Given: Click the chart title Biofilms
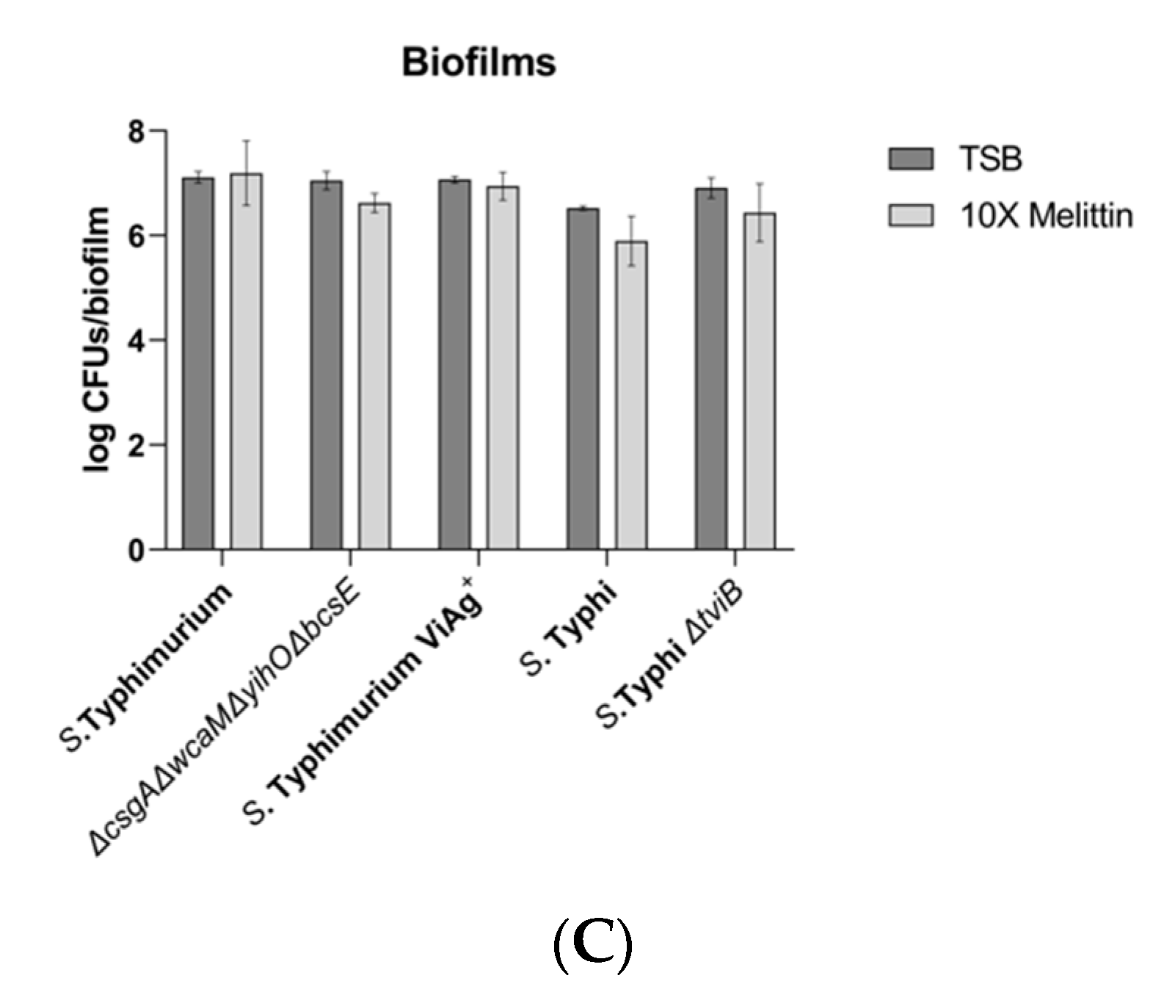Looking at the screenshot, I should pyautogui.click(x=479, y=62).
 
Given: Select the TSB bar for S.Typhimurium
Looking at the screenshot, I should pyautogui.click(x=198, y=363).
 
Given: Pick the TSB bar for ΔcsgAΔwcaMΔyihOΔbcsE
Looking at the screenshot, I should pyautogui.click(x=326, y=365).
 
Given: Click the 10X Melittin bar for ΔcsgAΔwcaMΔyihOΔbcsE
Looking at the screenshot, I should pyautogui.click(x=374, y=376).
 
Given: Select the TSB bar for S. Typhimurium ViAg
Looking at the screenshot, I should pyautogui.click(x=455, y=364).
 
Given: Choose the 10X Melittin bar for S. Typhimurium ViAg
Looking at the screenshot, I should pyautogui.click(x=503, y=368).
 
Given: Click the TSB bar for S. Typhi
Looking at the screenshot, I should pyautogui.click(x=583, y=379).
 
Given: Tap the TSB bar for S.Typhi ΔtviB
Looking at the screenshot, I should pyautogui.click(x=711, y=369).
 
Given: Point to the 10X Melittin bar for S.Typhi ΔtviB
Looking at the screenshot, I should pyautogui.click(x=760, y=381).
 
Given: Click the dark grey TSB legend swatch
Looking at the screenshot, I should pyautogui.click(x=911, y=159).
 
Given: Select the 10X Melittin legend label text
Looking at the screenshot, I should pyautogui.click(x=1047, y=216).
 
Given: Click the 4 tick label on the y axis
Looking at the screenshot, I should pyautogui.click(x=137, y=341).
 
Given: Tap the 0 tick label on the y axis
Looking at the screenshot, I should pyautogui.click(x=137, y=550).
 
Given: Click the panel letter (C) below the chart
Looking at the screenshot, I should pyautogui.click(x=592, y=947).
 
